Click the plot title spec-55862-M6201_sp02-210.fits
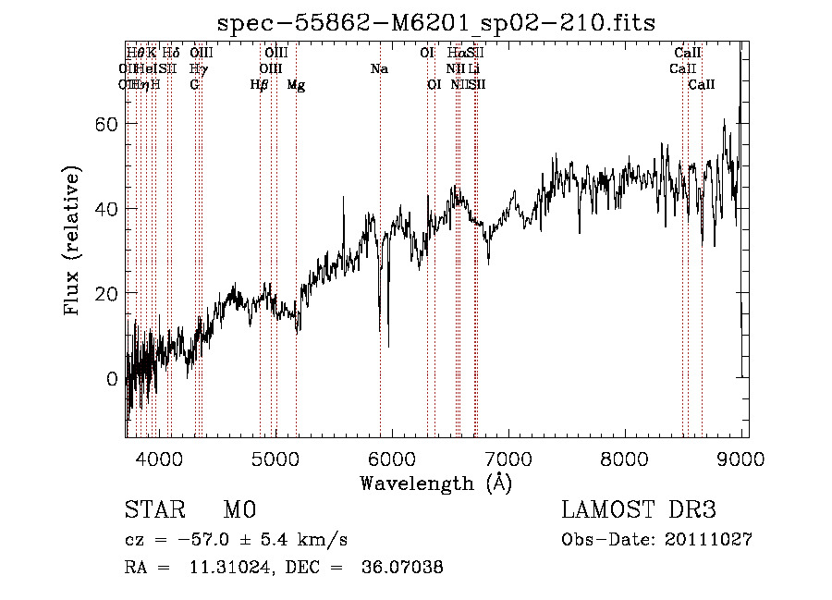[x=436, y=23]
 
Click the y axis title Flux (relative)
[x=73, y=240]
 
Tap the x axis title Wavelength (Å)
[x=436, y=483]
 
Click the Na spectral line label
[x=379, y=68]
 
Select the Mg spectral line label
[x=296, y=84]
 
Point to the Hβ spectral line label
[x=260, y=84]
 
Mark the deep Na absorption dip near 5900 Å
[x=388, y=344]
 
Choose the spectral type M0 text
[x=239, y=510]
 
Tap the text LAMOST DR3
[x=638, y=510]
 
